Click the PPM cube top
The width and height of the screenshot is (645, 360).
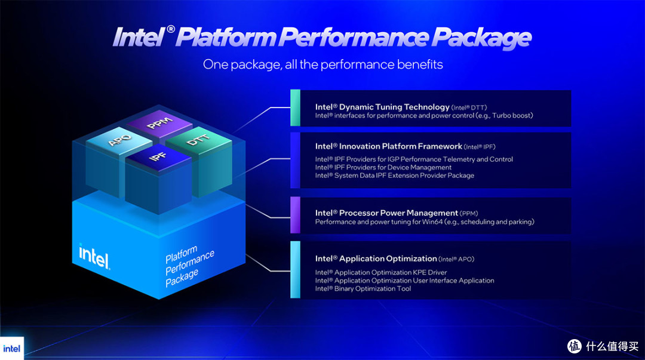coord(159,122)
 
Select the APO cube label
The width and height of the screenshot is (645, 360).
coord(119,140)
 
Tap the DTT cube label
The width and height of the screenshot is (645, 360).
coord(198,140)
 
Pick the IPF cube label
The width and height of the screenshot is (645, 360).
coord(158,156)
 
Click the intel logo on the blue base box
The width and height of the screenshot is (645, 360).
coord(94,256)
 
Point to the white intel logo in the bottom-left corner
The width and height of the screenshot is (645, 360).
coord(11,349)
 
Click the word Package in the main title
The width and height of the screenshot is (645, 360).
coord(481,38)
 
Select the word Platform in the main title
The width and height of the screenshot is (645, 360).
coord(226,37)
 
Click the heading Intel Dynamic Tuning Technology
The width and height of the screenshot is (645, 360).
coord(382,107)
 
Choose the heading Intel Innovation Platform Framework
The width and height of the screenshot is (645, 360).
coord(389,146)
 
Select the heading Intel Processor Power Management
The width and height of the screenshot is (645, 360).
coord(386,213)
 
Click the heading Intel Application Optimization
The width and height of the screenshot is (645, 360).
coord(376,259)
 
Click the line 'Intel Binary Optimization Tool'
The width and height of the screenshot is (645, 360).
coord(363,288)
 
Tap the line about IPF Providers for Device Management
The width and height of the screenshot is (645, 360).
coord(383,167)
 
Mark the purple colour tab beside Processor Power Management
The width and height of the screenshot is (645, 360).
coord(295,215)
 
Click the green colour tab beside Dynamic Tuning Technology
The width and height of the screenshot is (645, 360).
coord(295,108)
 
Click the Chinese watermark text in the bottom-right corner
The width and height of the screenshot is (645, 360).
coord(612,346)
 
